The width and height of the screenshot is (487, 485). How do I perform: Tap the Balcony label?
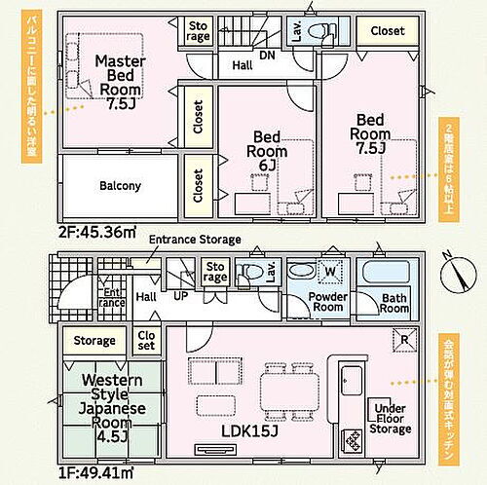[120, 185]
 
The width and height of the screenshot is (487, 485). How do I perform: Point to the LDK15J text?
[251, 429]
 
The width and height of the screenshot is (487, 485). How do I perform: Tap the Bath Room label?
[394, 302]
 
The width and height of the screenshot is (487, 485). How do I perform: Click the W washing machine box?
[328, 271]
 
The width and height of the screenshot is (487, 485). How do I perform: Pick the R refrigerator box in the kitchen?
[406, 340]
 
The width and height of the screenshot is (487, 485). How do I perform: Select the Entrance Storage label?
[194, 240]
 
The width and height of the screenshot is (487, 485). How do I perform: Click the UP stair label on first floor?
[180, 296]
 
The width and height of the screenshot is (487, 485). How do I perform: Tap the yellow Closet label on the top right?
[387, 31]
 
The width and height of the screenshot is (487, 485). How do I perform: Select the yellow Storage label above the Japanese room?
[94, 341]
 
